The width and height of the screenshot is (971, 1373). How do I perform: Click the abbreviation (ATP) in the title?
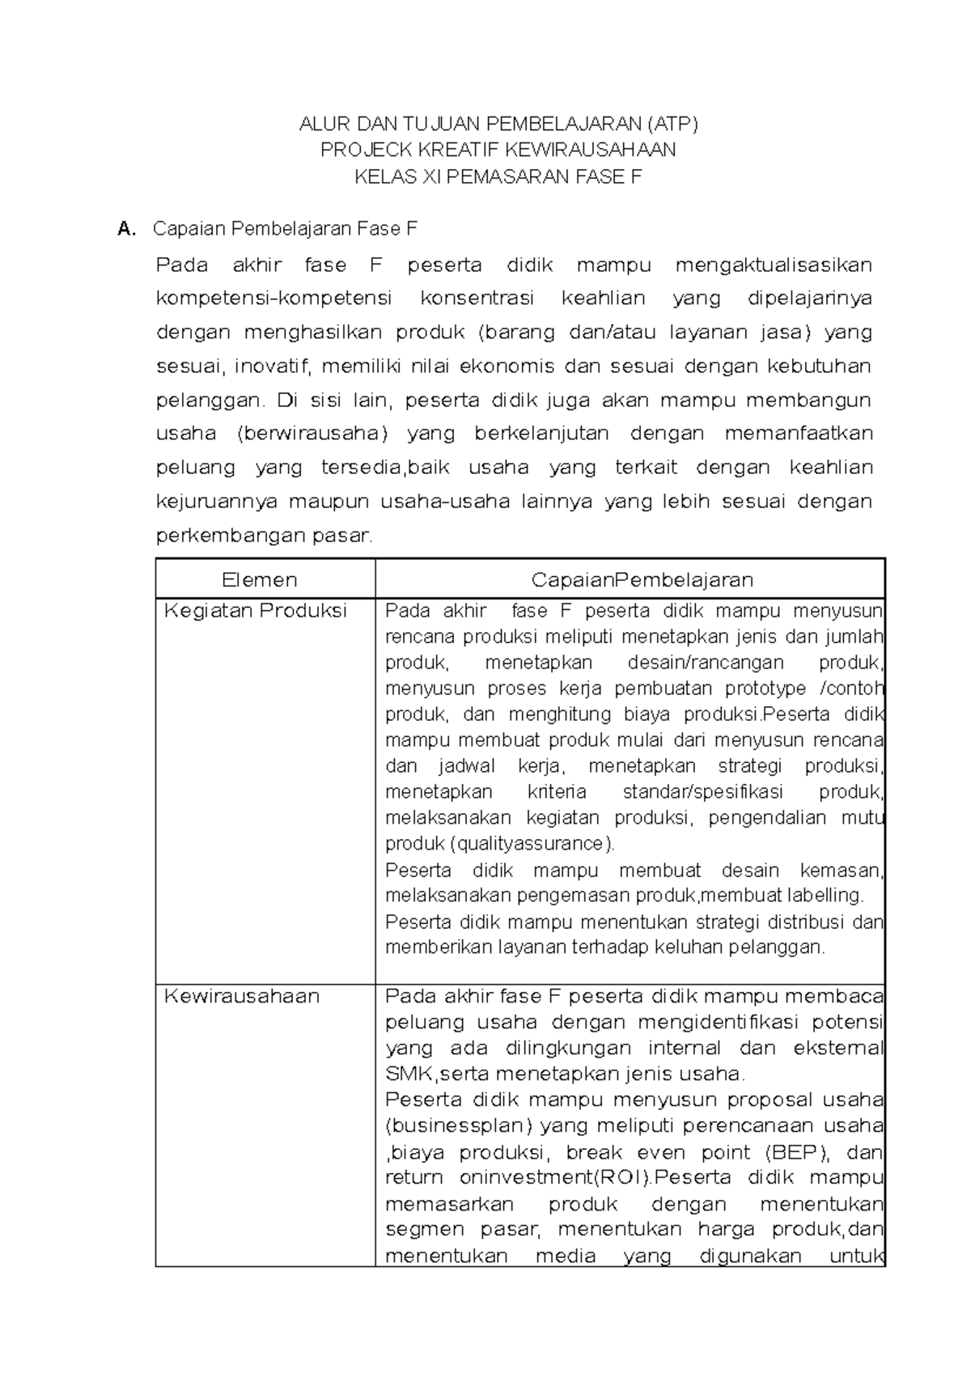[671, 124]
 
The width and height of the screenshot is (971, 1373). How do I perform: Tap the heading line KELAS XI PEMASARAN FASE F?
[498, 176]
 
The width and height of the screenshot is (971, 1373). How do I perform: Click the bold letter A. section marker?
[126, 229]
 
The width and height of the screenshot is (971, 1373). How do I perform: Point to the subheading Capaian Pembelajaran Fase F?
[285, 229]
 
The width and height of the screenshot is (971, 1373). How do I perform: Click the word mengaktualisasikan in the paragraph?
[774, 265]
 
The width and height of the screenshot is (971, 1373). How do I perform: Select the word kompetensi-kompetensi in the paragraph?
[273, 299]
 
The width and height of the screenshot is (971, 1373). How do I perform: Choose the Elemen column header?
[260, 579]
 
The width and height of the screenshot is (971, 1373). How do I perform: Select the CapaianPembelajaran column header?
[642, 579]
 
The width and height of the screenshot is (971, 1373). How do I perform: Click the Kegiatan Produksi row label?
[256, 610]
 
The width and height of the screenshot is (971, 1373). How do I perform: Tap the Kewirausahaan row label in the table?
[242, 996]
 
